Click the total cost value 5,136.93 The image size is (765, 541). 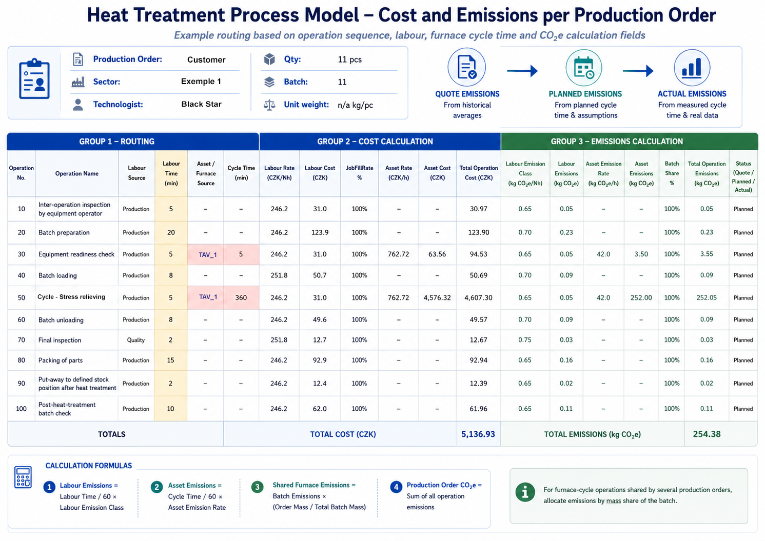click(478, 434)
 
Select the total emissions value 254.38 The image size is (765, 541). click(707, 434)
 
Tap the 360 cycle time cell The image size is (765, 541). click(241, 297)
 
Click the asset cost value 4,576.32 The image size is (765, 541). click(437, 297)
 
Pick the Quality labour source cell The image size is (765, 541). click(136, 340)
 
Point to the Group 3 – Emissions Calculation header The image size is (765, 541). click(617, 142)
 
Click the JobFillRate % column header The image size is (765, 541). click(359, 173)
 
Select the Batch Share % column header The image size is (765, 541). click(672, 173)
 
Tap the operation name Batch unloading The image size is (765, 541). click(61, 320)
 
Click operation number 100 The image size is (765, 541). click(21, 409)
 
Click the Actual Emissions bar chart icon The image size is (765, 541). click(692, 67)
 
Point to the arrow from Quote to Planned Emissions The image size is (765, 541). click(522, 71)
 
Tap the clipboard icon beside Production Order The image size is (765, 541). click(34, 79)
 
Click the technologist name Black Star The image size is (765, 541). click(202, 104)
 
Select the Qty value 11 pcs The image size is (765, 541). click(350, 59)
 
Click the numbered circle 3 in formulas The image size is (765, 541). click(257, 487)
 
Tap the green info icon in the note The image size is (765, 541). click(525, 492)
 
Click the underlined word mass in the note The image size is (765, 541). click(613, 500)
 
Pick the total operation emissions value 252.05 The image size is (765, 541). click(707, 297)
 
